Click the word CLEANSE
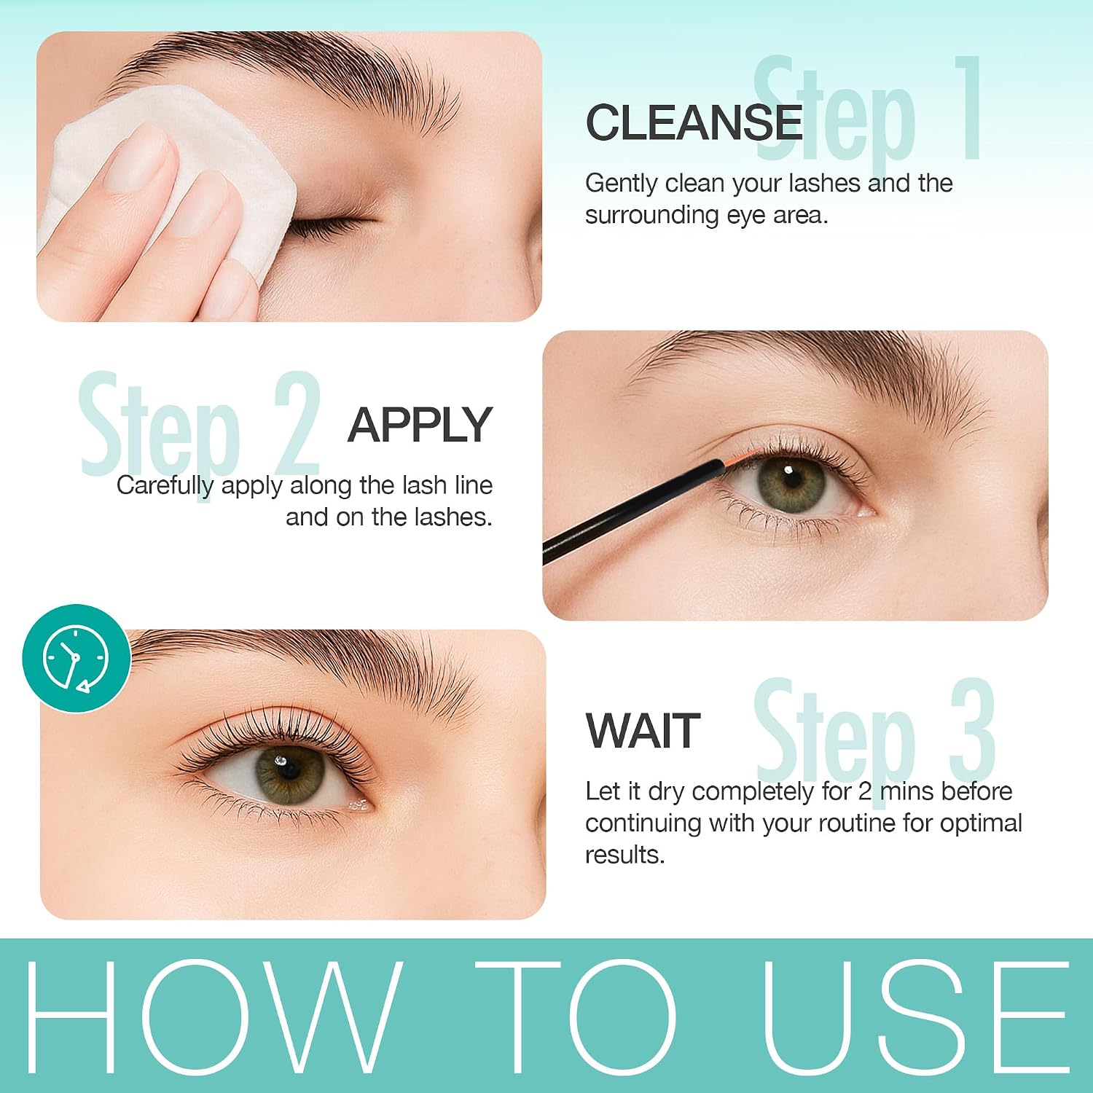pos(694,122)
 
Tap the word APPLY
pos(420,425)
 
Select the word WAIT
pos(643,731)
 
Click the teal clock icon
pos(77,658)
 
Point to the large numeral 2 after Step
pos(297,423)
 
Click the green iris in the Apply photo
pos(791,483)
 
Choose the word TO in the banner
pos(576,1016)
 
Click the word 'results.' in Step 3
pos(625,855)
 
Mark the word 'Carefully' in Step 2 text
pos(165,486)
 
